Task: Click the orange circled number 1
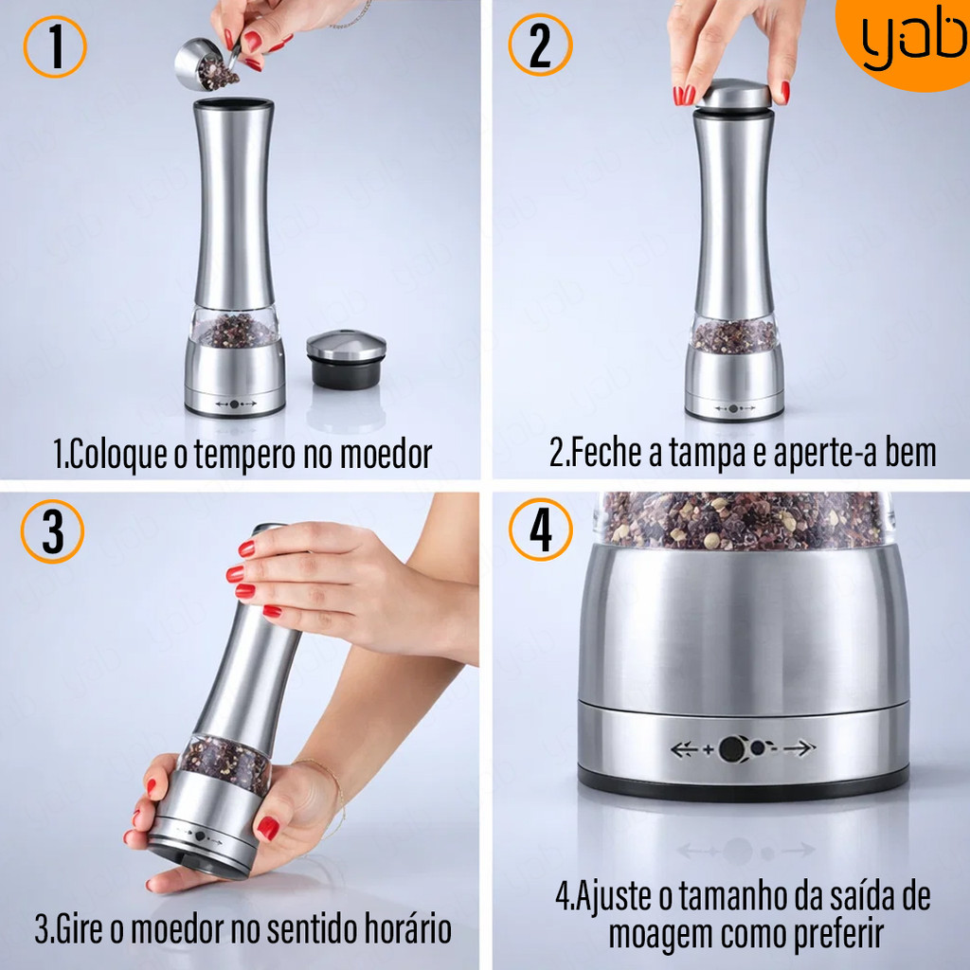pos(55,46)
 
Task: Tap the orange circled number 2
pos(540,45)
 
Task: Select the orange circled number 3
pos(53,531)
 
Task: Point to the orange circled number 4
pos(541,530)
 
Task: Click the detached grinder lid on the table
pos(347,359)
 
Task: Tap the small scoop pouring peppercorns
pos(206,65)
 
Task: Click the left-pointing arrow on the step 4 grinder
pos(685,749)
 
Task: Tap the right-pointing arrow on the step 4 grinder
pos(799,748)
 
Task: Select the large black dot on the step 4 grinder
pos(732,749)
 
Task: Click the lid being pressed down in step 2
pos(735,96)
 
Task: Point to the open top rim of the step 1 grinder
pos(234,102)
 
